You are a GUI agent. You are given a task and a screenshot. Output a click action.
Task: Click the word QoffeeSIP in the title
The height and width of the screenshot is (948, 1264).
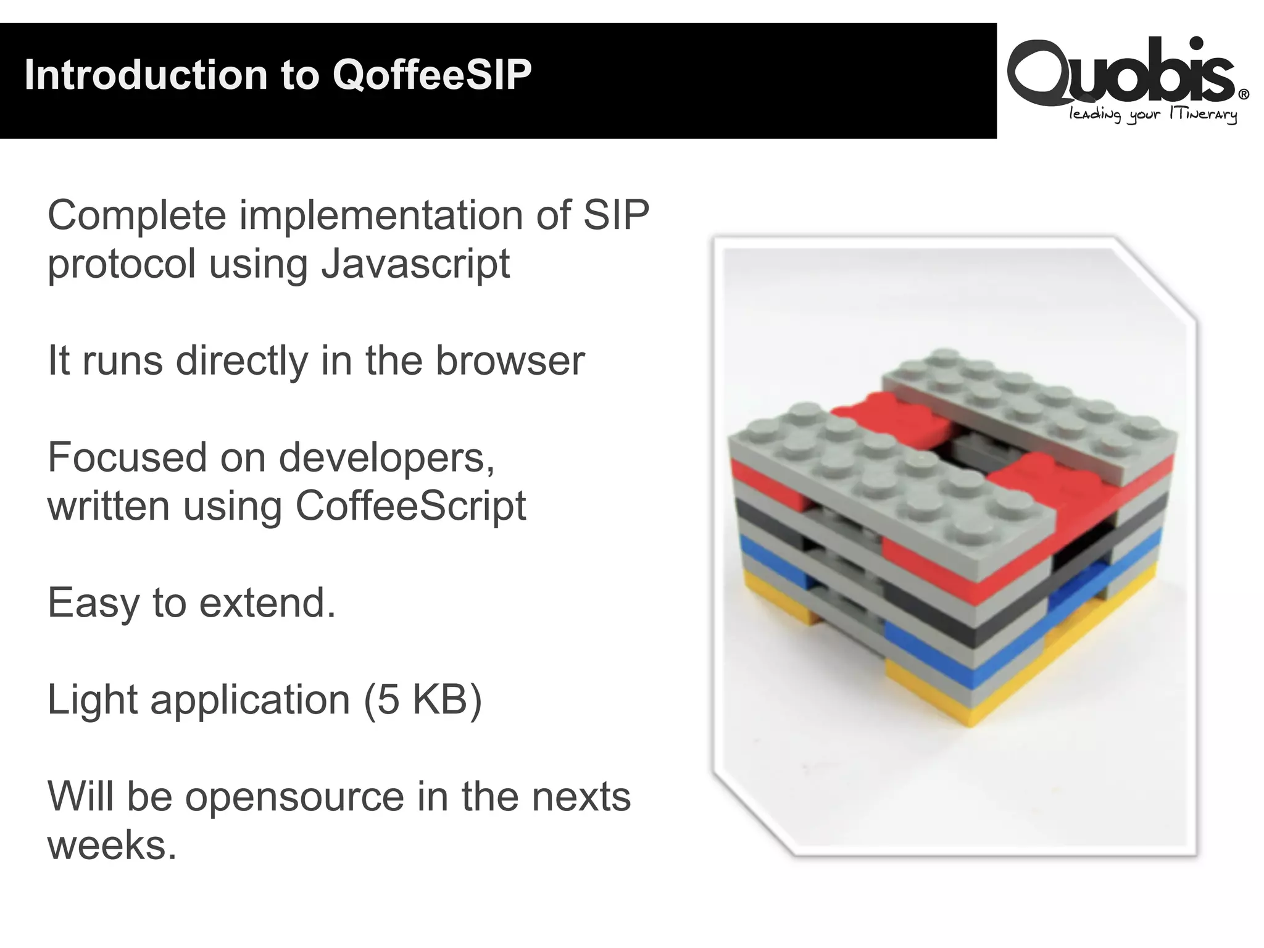click(432, 75)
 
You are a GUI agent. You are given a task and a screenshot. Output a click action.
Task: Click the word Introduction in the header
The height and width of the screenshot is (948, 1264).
click(146, 75)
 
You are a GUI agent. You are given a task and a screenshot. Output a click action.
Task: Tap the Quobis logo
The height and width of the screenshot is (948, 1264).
click(1120, 71)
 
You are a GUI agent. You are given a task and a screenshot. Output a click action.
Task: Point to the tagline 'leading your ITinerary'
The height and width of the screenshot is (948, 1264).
click(1152, 115)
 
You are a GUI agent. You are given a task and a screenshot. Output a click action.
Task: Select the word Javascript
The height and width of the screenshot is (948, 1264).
click(415, 264)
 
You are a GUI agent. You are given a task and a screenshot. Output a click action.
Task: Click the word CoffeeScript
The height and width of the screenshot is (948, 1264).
click(410, 505)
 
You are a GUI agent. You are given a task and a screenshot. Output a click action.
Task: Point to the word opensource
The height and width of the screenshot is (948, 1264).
click(294, 797)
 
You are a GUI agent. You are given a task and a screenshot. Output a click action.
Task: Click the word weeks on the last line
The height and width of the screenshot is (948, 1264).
click(111, 845)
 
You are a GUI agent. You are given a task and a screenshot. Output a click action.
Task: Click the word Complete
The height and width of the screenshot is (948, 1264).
click(137, 215)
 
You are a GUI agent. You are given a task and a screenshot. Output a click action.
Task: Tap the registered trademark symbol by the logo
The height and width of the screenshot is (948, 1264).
click(1244, 94)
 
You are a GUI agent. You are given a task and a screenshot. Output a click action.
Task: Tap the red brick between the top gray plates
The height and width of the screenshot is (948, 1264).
click(889, 420)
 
